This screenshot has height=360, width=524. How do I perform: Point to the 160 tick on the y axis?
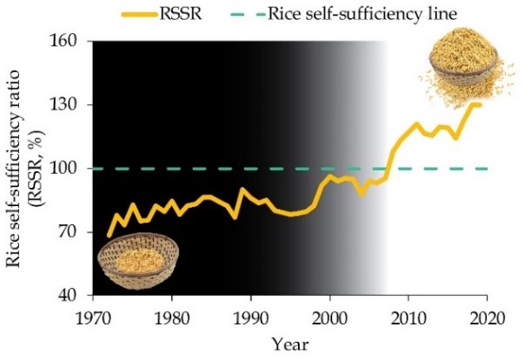pyautogui.click(x=67, y=42)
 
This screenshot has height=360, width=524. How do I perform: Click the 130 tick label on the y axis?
pyautogui.click(x=67, y=105)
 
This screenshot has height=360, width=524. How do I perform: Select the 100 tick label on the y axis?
pyautogui.click(x=67, y=169)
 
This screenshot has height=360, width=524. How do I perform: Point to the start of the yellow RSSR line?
pyautogui.click(x=109, y=235)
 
